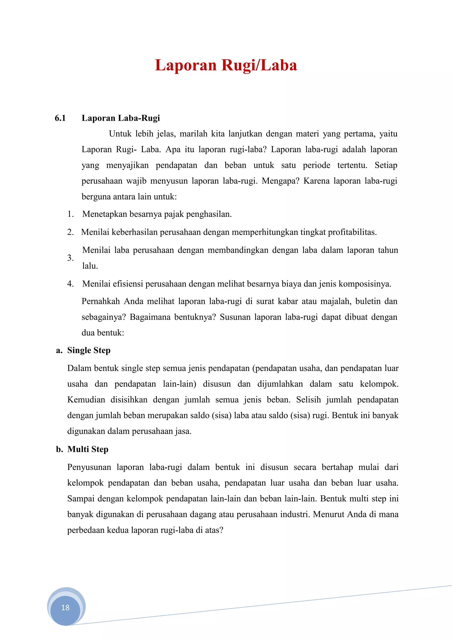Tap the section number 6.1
click(60, 118)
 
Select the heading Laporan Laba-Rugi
click(121, 118)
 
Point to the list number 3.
click(70, 258)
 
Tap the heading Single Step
click(89, 350)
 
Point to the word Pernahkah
click(101, 301)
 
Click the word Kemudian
click(86, 400)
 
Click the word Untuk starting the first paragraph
click(120, 134)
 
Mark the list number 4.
click(70, 284)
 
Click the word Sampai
click(81, 499)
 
